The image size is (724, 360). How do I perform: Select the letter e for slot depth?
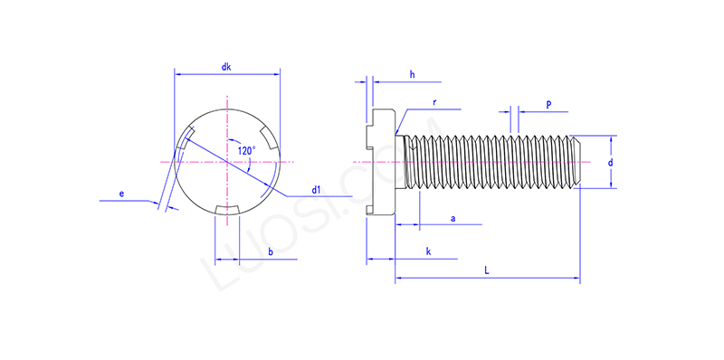121,193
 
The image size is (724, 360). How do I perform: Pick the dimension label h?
412,74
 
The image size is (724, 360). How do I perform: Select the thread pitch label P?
548,105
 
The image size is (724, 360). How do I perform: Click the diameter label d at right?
611,162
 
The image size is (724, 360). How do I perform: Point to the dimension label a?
452,218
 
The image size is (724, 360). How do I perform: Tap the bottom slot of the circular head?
226,211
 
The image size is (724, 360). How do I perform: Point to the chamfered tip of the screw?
574,162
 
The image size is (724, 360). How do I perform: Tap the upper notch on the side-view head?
370,137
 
